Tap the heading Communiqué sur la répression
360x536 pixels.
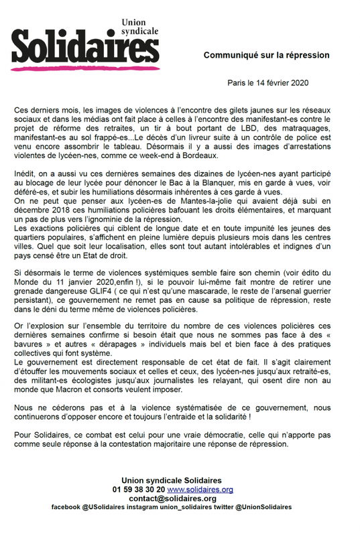click(267, 55)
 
